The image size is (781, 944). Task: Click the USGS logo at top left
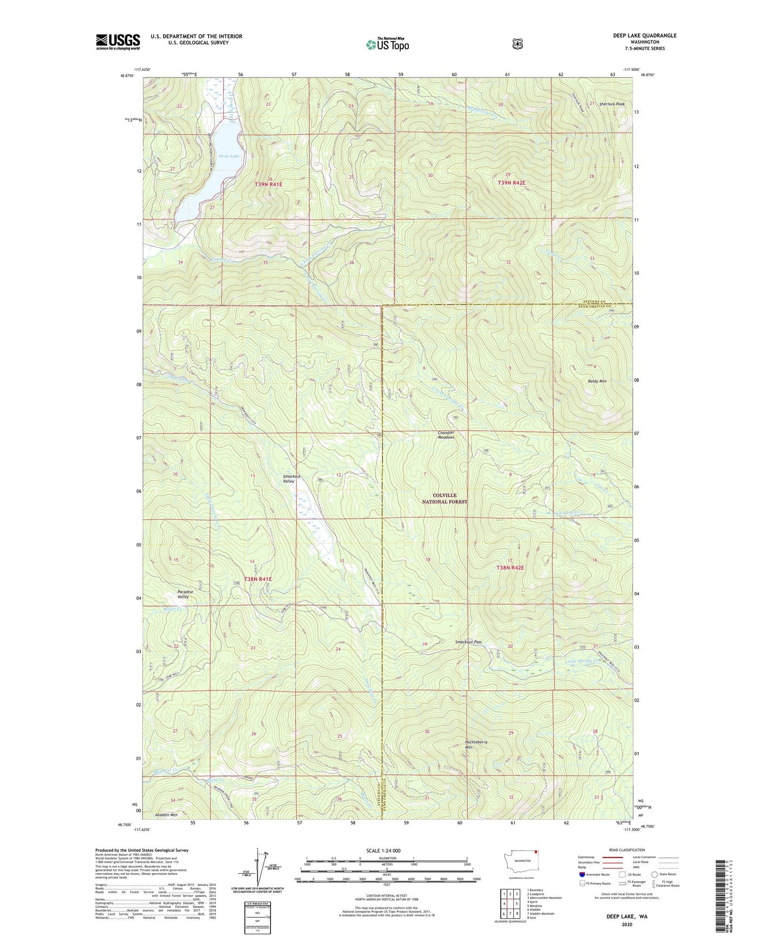[118, 42]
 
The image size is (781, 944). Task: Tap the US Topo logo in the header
[387, 44]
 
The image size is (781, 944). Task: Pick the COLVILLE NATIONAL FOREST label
[444, 498]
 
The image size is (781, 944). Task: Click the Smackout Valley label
[292, 479]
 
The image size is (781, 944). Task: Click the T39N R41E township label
[268, 184]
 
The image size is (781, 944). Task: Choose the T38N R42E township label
[510, 568]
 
